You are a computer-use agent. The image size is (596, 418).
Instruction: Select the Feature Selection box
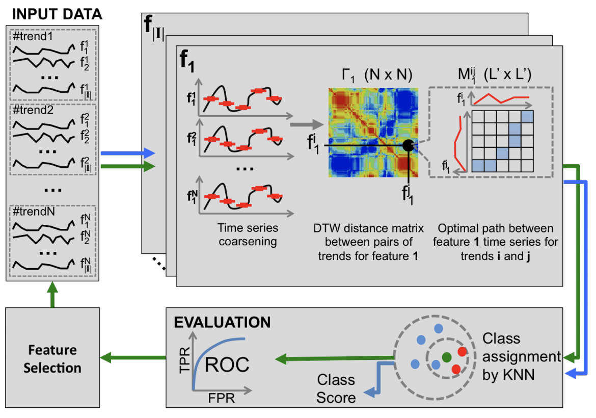pyautogui.click(x=52, y=358)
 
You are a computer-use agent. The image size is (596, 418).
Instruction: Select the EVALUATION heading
pyautogui.click(x=223, y=322)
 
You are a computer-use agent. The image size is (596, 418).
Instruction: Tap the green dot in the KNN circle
pyautogui.click(x=446, y=357)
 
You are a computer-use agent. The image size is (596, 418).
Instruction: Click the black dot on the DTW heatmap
pyautogui.click(x=408, y=145)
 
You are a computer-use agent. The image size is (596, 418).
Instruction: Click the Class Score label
pyautogui.click(x=336, y=388)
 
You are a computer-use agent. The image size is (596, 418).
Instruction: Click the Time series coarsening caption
pyautogui.click(x=248, y=234)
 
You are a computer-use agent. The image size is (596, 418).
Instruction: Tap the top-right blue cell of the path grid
pyautogui.click(x=527, y=116)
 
